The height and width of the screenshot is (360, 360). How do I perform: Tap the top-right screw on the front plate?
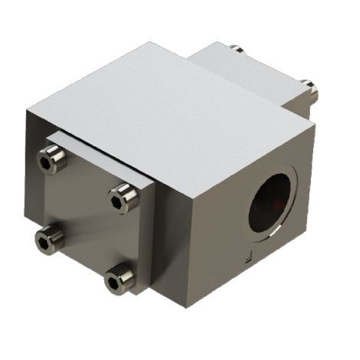[120, 199]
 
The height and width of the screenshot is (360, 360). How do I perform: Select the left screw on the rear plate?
[237, 51]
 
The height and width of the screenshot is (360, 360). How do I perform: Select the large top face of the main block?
[169, 107]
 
